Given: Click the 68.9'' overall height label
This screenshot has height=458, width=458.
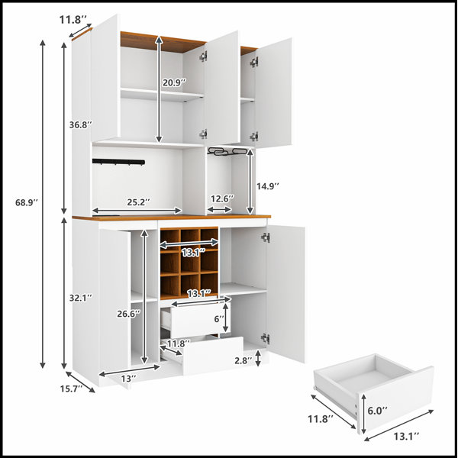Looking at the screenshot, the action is (27, 202).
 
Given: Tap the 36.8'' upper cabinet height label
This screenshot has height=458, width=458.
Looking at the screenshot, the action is (81, 124).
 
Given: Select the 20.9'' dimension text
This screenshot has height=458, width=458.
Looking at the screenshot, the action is (174, 82).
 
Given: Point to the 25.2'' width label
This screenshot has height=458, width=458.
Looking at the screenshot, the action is (138, 202).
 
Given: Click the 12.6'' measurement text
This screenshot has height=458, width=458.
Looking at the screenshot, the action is (222, 198).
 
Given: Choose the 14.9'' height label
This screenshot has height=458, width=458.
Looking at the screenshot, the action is (268, 186).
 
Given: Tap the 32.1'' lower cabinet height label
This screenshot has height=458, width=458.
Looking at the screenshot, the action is (81, 298).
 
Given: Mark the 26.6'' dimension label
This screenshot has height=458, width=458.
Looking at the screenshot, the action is (128, 314).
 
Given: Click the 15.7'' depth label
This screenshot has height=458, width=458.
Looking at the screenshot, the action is (71, 389).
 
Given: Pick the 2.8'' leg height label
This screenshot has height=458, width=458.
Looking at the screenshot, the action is (244, 360).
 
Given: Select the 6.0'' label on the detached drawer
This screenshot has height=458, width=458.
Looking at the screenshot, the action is (377, 411).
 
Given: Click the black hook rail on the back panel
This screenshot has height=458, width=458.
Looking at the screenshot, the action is (118, 162).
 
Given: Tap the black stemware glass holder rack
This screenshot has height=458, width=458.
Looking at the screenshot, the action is (227, 152).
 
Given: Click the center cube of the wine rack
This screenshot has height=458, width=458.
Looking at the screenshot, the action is (189, 262).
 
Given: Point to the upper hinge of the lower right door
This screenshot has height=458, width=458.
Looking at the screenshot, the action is (266, 237).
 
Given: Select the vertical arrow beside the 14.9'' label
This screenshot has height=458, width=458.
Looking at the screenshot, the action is (250, 182).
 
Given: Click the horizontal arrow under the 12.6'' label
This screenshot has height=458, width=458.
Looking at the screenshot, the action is (219, 209).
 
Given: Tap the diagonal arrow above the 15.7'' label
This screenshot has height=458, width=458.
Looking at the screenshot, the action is (80, 382).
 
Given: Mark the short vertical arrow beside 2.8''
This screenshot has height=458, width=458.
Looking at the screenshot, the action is (258, 358).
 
